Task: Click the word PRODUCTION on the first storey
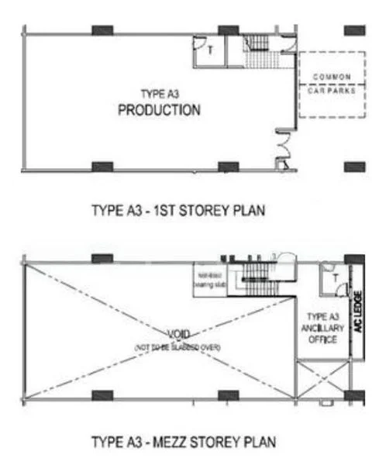click(x=159, y=110)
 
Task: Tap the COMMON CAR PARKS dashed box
click(x=333, y=84)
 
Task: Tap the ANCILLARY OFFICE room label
click(x=322, y=328)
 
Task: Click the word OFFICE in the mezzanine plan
click(x=322, y=339)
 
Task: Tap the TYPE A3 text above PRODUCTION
click(x=158, y=94)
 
